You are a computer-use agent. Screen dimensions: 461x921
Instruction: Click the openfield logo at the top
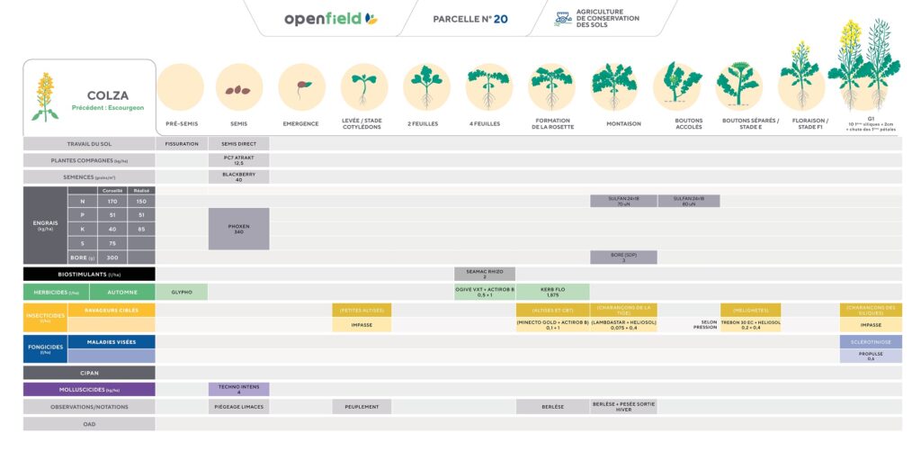tap(330, 19)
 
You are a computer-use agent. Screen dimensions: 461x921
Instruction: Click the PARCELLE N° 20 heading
tap(469, 19)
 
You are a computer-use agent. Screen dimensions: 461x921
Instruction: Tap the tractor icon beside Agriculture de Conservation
tap(563, 19)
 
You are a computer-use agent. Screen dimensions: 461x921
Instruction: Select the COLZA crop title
tap(107, 95)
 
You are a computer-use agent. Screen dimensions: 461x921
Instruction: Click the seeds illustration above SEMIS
tap(238, 89)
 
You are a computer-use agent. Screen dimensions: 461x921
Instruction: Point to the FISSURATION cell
tap(182, 143)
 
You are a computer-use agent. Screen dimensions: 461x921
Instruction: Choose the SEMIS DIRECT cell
tap(238, 143)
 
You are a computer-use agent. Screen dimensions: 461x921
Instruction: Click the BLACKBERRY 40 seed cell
tap(238, 176)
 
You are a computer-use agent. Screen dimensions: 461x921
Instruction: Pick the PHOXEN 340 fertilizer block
tap(238, 229)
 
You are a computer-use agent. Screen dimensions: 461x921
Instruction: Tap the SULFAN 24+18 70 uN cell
tap(623, 201)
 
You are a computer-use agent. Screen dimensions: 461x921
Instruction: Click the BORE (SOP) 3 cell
tap(623, 258)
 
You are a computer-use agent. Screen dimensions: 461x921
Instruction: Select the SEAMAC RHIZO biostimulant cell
tap(485, 274)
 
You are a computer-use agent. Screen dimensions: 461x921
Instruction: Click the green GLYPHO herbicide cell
tap(182, 292)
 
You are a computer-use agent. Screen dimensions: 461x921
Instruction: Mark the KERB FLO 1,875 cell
tap(552, 292)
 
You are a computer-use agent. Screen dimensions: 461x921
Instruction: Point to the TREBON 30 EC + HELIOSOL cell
tap(750, 325)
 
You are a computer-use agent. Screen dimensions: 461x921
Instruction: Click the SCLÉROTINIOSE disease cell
tap(871, 342)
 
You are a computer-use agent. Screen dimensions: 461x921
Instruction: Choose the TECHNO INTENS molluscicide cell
tap(238, 390)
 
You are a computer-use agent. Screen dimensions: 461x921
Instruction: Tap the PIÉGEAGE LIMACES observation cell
tap(238, 407)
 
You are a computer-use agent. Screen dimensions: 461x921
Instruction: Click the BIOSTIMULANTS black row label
tap(89, 274)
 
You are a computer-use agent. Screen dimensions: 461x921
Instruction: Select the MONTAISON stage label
tap(623, 123)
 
